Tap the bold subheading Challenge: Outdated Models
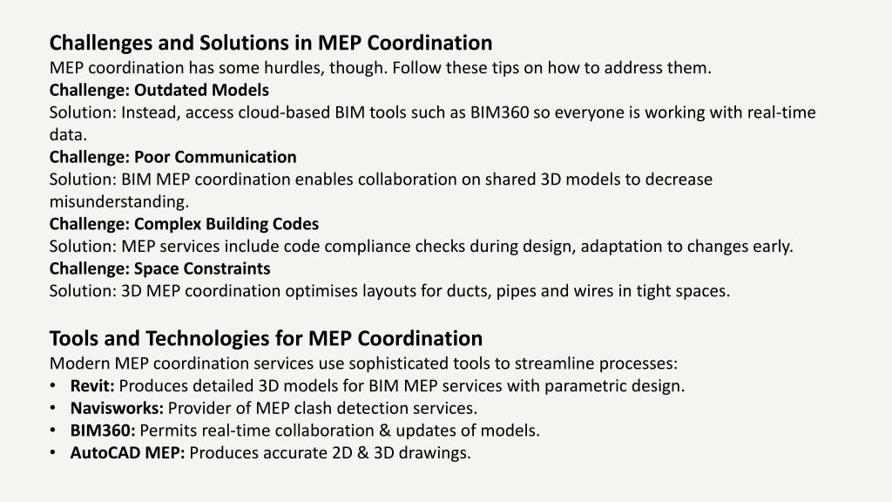[x=159, y=90]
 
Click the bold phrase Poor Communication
[x=215, y=157]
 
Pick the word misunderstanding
[x=118, y=201]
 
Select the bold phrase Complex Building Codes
[x=226, y=224]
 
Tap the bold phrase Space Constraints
[x=202, y=268]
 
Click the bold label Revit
[x=92, y=386]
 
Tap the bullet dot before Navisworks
[x=53, y=408]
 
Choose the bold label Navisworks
[x=117, y=408]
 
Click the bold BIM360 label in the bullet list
[x=103, y=431]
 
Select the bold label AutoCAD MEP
[x=127, y=453]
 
